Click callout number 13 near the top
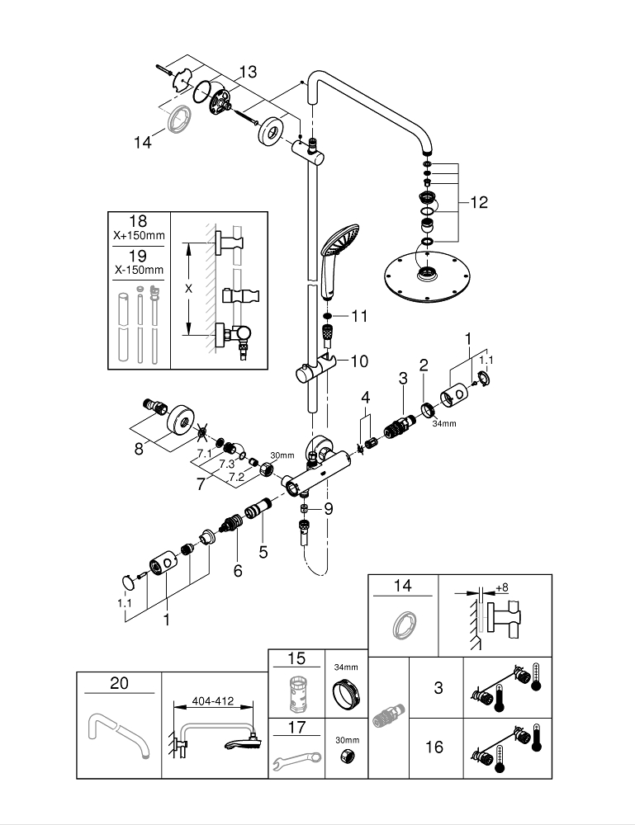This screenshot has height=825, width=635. point(249,71)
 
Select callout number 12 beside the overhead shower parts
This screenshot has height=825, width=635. point(479,201)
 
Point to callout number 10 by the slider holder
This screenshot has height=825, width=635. point(358,361)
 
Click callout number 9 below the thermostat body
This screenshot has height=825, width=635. point(329,509)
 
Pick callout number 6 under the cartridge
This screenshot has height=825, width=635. point(238,569)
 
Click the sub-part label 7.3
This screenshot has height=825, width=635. point(224,464)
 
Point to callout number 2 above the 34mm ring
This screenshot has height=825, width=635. point(424,364)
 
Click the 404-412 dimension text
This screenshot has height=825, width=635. point(211,701)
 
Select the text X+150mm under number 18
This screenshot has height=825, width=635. point(139,235)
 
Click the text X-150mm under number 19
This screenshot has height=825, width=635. point(139,270)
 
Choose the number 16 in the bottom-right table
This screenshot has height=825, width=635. point(434,747)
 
